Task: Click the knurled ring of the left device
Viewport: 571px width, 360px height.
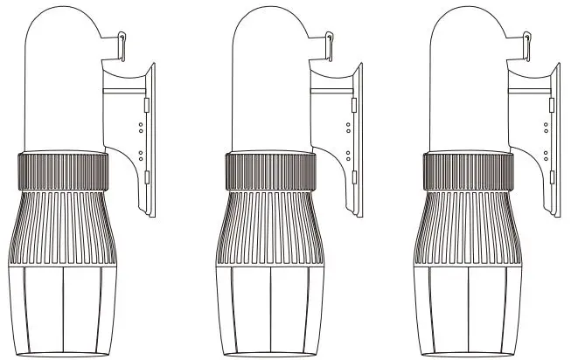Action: [62, 171]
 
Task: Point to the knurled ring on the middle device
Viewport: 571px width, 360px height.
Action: [269, 171]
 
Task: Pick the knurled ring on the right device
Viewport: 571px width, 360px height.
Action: [467, 171]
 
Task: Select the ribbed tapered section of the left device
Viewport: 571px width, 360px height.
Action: [62, 227]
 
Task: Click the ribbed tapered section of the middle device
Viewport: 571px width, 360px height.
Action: [269, 227]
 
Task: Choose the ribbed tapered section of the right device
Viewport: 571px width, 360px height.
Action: [467, 227]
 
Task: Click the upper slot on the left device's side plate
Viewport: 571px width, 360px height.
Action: [146, 105]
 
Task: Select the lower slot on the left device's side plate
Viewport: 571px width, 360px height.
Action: [146, 177]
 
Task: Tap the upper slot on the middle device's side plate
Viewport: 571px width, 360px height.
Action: [353, 105]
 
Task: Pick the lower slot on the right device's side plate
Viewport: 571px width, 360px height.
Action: [551, 177]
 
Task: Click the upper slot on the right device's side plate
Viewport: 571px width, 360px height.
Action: [551, 105]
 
